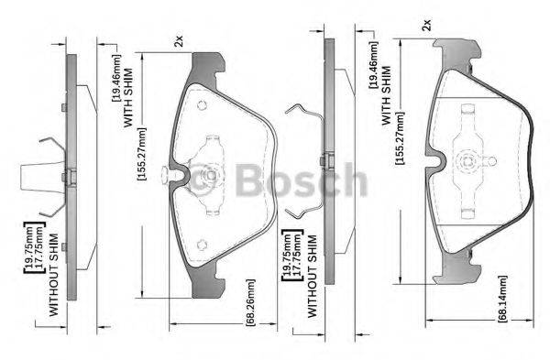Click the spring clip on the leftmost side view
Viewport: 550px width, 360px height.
(x=46, y=174)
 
